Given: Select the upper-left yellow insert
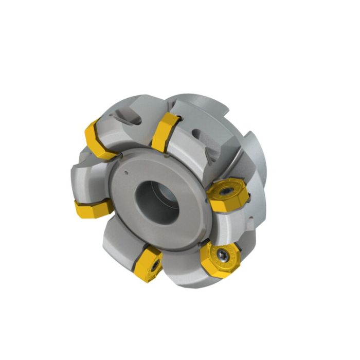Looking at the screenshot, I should (98, 137).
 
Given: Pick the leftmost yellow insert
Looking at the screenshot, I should (93, 208).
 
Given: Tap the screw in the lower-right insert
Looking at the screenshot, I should (220, 253).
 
